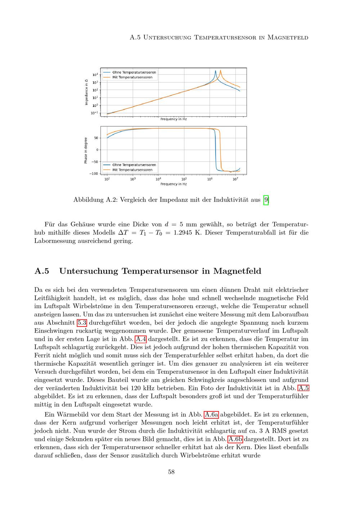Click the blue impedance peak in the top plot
coord(216,71)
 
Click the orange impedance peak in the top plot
coord(220,71)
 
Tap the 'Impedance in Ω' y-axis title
coord(86,92)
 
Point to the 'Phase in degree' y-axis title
coord(86,150)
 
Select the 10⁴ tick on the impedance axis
coord(95,75)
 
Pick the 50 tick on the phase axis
coord(95,138)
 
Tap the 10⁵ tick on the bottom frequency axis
coord(184,179)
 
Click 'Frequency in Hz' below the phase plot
coord(174,184)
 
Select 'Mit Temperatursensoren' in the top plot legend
coord(132,77)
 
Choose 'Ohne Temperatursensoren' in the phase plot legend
coord(134,165)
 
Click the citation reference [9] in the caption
coord(266,199)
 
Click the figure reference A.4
coord(140,339)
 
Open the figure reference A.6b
coord(235,439)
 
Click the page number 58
coord(171,472)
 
